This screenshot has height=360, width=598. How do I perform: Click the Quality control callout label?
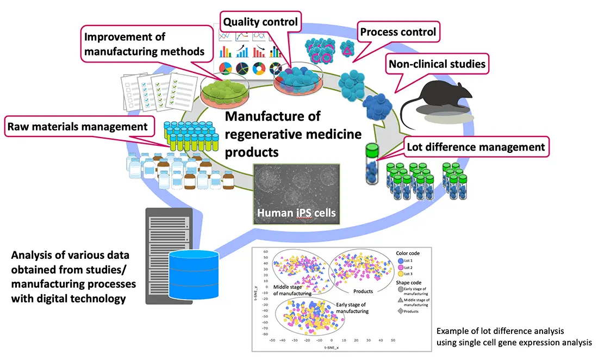tap(261, 22)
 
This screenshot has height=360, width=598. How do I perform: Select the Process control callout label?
tap(398, 32)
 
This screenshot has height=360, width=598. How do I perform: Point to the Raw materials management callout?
tap(78, 127)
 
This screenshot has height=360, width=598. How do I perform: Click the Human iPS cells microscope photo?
tap(296, 193)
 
